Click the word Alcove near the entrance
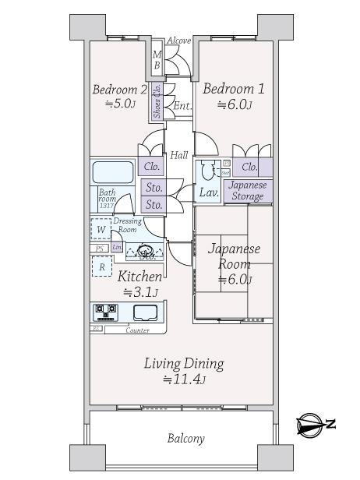[x=180, y=41]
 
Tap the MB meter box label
[x=157, y=60]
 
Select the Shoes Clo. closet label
[x=157, y=101]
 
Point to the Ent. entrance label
[x=182, y=105]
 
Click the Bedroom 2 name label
[x=119, y=88]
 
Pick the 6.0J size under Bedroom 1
[x=234, y=105]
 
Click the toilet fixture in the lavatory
[x=206, y=171]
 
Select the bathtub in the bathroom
[x=114, y=172]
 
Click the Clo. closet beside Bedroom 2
[x=152, y=166]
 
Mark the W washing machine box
[x=101, y=229]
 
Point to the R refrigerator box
[x=101, y=267]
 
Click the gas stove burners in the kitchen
[x=107, y=312]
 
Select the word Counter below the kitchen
[x=137, y=330]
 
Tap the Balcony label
[x=185, y=438]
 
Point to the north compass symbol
[x=316, y=425]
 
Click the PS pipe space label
[x=99, y=248]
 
